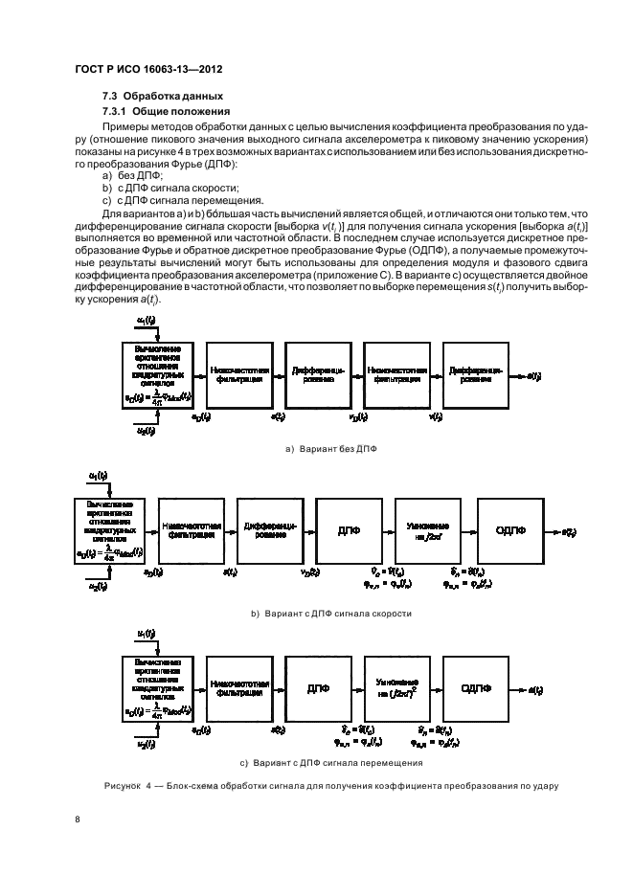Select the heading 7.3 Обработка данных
click(x=163, y=97)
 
